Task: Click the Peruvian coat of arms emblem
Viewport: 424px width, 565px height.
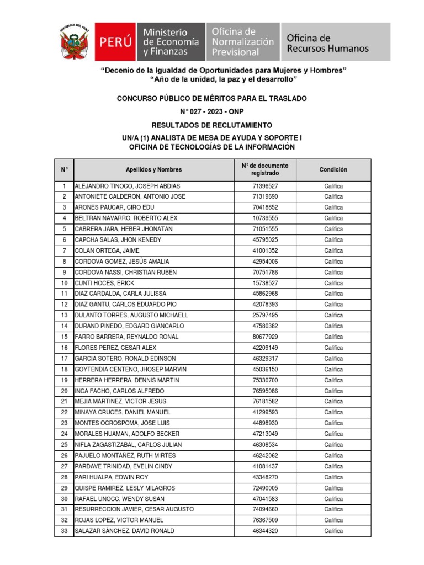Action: coord(75,42)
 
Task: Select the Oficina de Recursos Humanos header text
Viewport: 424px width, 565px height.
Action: coord(327,43)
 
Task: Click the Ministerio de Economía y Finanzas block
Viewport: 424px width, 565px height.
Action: coord(171,42)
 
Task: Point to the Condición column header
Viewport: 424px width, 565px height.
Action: coord(333,170)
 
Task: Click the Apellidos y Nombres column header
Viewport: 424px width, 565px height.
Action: coord(153,170)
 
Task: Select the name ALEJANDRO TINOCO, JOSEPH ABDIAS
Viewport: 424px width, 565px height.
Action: coord(128,186)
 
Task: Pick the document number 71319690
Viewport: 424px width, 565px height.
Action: coord(265,197)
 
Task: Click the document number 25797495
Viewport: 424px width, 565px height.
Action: coord(265,316)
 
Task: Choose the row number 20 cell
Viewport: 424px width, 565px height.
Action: coord(64,391)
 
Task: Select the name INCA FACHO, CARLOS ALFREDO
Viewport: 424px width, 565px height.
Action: coord(119,391)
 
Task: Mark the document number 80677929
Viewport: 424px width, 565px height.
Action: coord(265,337)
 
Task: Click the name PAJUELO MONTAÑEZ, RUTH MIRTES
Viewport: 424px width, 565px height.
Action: coord(125,456)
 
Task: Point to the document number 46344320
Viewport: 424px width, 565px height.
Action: coord(265,531)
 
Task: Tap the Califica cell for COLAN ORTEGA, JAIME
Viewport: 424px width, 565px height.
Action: coord(333,251)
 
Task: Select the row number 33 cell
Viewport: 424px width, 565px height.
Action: coord(64,531)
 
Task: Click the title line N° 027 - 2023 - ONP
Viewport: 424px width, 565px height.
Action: coord(212,112)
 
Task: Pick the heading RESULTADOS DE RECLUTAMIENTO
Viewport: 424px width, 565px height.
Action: coord(212,126)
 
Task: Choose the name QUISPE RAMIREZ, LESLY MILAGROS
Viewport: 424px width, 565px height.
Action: coord(125,488)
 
